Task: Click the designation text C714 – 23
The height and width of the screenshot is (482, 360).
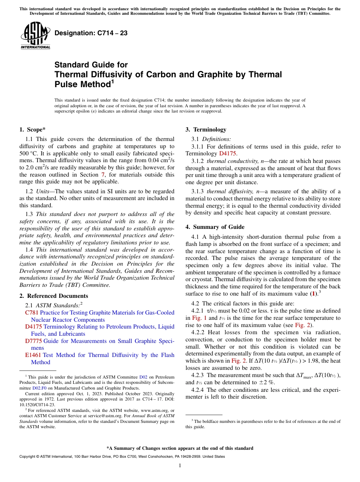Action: (x=91, y=33)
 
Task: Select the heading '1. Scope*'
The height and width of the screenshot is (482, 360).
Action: (x=33, y=129)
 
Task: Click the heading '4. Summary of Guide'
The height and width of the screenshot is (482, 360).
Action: (x=215, y=227)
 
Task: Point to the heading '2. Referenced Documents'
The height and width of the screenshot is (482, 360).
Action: (x=53, y=296)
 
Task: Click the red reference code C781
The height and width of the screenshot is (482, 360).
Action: (x=31, y=313)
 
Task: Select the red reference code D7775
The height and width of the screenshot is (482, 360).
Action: (x=33, y=341)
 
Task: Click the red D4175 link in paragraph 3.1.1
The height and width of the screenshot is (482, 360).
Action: (x=227, y=153)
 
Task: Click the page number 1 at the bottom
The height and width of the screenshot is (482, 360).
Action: (x=180, y=465)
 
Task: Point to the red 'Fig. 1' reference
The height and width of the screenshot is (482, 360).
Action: (x=199, y=318)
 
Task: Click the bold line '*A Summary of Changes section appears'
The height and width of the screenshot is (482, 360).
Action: (x=180, y=448)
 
